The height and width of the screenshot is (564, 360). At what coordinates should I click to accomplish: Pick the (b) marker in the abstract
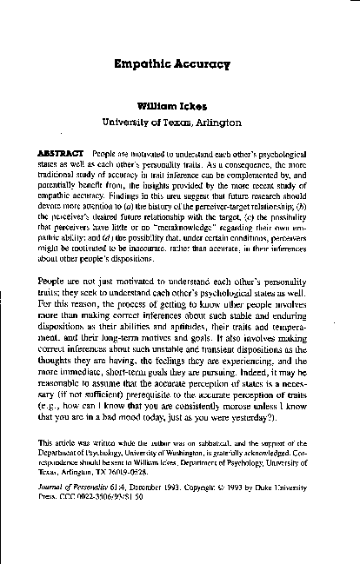coord(301,187)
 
